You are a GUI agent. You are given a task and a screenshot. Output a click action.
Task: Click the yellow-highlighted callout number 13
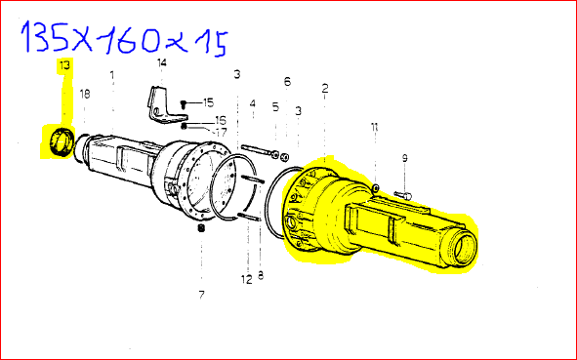click(64, 65)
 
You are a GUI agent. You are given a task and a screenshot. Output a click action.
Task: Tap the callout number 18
click(85, 94)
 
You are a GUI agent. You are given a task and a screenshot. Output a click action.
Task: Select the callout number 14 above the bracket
click(161, 62)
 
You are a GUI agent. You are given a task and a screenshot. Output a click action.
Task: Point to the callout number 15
click(208, 102)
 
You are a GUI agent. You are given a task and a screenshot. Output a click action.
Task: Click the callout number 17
click(222, 132)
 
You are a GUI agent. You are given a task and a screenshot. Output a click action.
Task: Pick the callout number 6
click(287, 81)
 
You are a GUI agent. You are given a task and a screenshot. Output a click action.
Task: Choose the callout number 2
click(324, 88)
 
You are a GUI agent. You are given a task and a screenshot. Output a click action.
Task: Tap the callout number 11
click(374, 127)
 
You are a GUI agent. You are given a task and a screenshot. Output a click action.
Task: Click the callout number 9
click(405, 158)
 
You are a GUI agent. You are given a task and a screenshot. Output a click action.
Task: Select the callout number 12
click(247, 279)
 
